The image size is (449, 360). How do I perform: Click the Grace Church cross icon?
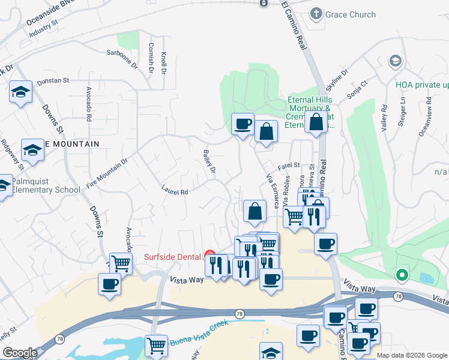tap(316, 14)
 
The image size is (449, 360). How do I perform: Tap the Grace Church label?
tap(351, 14)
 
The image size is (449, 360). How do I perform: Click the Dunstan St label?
tap(53, 80)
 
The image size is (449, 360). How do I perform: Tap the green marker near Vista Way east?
tap(402, 275)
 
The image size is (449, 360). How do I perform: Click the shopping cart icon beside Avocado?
tap(121, 262)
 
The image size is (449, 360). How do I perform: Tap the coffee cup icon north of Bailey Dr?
tap(243, 124)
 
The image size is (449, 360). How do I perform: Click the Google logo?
tap(19, 353)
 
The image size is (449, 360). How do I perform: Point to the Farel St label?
tap(288, 165)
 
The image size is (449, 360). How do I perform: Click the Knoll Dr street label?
tap(163, 62)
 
